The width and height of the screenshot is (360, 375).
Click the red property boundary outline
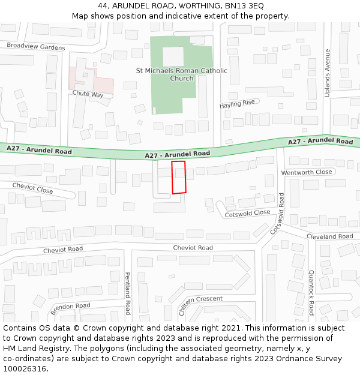[179, 177]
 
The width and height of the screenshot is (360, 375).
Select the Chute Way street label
[88, 95]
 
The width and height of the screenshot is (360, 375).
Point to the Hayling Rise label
[237, 104]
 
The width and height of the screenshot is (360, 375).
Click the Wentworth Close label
[307, 172]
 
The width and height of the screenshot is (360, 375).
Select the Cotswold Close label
[247, 213]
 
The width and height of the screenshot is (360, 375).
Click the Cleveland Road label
[329, 236]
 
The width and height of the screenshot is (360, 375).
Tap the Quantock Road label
[311, 293]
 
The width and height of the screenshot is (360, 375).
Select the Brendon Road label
[70, 309]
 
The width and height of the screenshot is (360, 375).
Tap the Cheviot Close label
[32, 188]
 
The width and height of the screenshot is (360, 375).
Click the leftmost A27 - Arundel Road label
[39, 150]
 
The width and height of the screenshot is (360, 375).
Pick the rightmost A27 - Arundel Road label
[320, 142]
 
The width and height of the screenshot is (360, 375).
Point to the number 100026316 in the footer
[25, 368]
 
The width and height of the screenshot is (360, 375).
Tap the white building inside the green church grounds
[173, 57]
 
